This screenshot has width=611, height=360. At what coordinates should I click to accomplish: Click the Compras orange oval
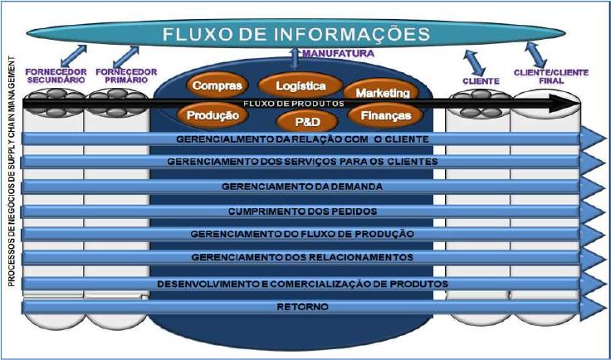tap(217, 85)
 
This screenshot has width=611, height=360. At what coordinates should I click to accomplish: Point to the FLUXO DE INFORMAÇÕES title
tap(296, 35)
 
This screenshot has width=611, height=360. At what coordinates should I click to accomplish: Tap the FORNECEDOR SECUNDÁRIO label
tap(52, 77)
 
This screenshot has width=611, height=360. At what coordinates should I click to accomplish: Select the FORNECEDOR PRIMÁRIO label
tap(120, 77)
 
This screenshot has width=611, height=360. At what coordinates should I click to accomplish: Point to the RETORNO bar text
tap(302, 308)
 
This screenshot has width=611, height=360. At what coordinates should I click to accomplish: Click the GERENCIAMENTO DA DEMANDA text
tap(302, 187)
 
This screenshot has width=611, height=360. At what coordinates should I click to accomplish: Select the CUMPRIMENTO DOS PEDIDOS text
tap(302, 211)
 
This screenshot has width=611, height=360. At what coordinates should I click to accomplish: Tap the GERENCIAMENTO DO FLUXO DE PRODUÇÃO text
tap(302, 235)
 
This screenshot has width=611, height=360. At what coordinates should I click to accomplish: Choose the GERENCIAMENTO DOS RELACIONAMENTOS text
tap(302, 258)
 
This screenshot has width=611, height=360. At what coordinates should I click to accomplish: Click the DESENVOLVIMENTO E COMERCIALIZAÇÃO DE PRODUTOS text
tap(302, 284)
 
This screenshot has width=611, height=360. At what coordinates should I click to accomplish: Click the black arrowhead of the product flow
tap(570, 102)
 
